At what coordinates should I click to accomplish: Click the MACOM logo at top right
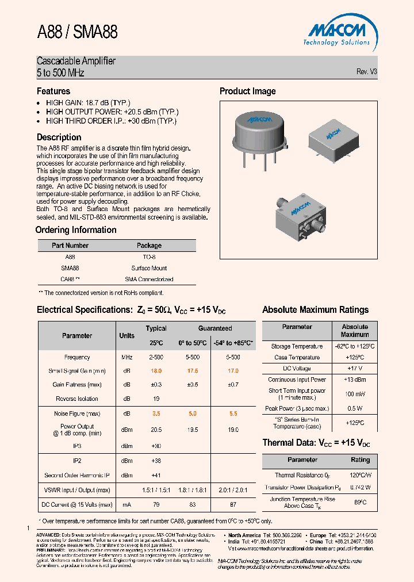click(337, 32)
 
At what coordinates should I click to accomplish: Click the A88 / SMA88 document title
click(77, 32)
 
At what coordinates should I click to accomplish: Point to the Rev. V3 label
click(367, 72)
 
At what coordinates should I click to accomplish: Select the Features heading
click(53, 91)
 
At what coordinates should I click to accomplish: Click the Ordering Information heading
click(76, 230)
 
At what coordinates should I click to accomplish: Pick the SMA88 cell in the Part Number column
click(70, 268)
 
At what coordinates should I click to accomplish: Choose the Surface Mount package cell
click(149, 268)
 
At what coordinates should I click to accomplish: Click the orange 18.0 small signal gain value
click(156, 371)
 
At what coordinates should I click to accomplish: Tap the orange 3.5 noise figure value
click(156, 413)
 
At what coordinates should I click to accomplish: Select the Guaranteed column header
click(215, 328)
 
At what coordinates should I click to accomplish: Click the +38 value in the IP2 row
click(156, 461)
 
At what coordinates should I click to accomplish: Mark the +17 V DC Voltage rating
click(354, 369)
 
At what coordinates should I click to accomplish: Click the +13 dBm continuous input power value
click(354, 380)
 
